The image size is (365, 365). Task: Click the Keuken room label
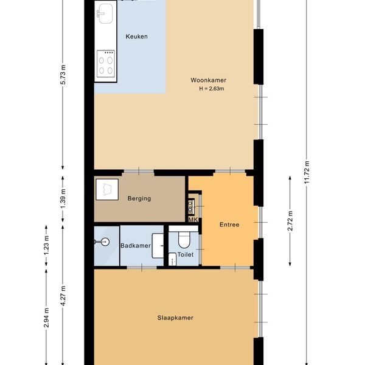click(x=136, y=36)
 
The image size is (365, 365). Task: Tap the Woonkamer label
click(x=208, y=80)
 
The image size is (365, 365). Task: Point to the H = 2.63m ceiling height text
click(x=211, y=89)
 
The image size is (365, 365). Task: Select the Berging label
click(x=139, y=198)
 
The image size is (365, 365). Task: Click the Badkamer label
click(x=136, y=246)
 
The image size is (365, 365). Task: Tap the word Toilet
click(x=186, y=255)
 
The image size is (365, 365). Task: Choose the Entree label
click(x=229, y=224)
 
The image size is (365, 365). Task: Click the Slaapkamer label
click(x=175, y=318)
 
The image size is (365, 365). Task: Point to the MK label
click(x=193, y=220)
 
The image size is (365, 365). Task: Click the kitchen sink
click(x=105, y=13)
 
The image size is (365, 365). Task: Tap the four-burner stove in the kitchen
click(x=106, y=63)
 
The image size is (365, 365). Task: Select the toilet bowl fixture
click(x=184, y=240)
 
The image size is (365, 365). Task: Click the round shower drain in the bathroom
click(x=105, y=242)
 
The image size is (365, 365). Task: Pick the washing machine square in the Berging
click(x=107, y=189)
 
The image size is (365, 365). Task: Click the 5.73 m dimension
click(x=63, y=74)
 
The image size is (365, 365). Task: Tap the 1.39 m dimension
click(x=63, y=198)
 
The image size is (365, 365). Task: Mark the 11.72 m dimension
click(x=307, y=172)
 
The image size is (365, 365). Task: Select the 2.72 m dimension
click(x=290, y=221)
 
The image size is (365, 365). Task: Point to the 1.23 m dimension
click(x=46, y=246)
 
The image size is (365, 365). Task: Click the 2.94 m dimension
click(x=46, y=318)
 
